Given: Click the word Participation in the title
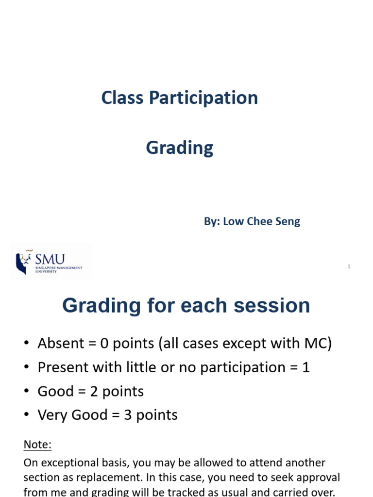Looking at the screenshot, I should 203,98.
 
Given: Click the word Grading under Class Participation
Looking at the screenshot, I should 180,148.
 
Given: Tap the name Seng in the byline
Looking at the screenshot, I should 288,222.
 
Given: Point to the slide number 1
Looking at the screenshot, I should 349,266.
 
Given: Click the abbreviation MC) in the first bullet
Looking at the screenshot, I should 318,344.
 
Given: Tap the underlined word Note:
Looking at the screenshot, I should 37,445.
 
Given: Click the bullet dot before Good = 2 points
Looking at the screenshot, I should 27,391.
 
